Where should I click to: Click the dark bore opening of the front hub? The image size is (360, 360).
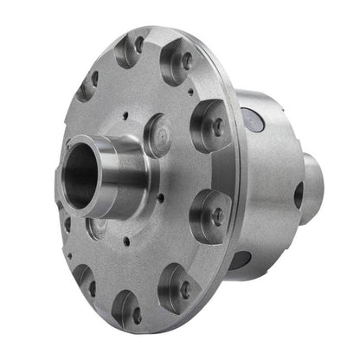(x=79, y=183)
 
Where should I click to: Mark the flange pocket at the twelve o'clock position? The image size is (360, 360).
(x=132, y=50)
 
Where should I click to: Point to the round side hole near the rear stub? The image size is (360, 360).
(x=299, y=196)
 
